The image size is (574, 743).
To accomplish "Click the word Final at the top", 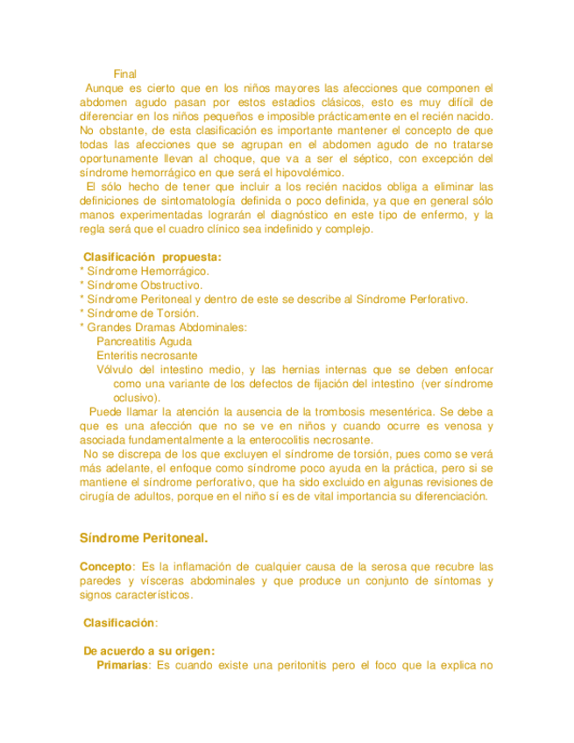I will tap(125, 74).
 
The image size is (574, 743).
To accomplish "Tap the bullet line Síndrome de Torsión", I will tap(143, 313).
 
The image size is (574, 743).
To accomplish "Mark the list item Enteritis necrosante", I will tap(146, 356).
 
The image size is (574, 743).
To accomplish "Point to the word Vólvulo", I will tap(117, 370).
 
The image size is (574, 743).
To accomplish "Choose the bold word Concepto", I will tap(104, 566).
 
